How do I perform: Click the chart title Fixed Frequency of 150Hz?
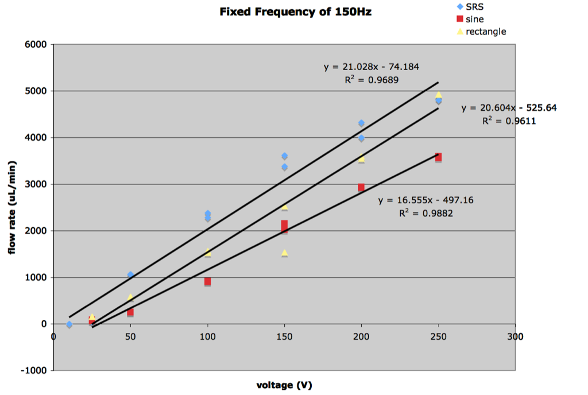pyautogui.click(x=296, y=12)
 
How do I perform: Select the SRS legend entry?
pyautogui.click(x=470, y=7)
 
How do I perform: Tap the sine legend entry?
pyautogui.click(x=470, y=19)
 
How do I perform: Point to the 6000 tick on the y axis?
pyautogui.click(x=36, y=44)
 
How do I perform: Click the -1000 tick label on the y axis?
pyautogui.click(x=34, y=370)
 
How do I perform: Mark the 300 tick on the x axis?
pyautogui.click(x=515, y=336)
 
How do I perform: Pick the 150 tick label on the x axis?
pyautogui.click(x=284, y=336)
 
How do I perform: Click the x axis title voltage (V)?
pyautogui.click(x=284, y=385)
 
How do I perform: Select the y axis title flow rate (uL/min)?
pyautogui.click(x=12, y=208)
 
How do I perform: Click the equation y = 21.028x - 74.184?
pyautogui.click(x=372, y=67)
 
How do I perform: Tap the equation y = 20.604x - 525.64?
pyautogui.click(x=509, y=108)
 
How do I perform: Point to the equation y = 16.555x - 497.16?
pyautogui.click(x=425, y=200)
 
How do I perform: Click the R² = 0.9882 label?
pyautogui.click(x=426, y=213)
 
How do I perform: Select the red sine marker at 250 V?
pyautogui.click(x=438, y=157)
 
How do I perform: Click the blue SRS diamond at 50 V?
pyautogui.click(x=130, y=274)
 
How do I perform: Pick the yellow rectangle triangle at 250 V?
pyautogui.click(x=438, y=94)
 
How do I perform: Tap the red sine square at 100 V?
pyautogui.click(x=207, y=281)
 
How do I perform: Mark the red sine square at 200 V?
pyautogui.click(x=361, y=187)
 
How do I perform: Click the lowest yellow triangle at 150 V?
pyautogui.click(x=284, y=253)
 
